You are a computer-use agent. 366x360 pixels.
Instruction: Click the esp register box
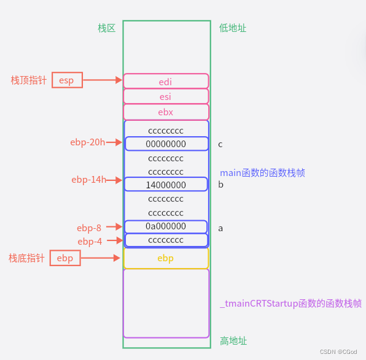pos(67,80)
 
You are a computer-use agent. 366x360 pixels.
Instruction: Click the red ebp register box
pos(65,258)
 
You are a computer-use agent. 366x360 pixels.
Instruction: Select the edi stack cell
pos(166,81)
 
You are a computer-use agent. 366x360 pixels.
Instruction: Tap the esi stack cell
pos(166,96)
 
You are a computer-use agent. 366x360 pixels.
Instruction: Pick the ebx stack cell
pos(166,112)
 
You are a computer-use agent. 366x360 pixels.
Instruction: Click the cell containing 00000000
pos(166,144)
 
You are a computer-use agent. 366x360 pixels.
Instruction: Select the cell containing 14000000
pos(166,185)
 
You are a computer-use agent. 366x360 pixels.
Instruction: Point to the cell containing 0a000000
pos(166,226)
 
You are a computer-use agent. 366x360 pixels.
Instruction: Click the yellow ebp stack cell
pos(166,258)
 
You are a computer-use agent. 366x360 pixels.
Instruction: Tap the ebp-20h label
pos(87,142)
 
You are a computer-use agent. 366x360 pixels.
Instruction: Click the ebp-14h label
pos(88,180)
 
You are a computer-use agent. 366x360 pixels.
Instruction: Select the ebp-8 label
pos(89,228)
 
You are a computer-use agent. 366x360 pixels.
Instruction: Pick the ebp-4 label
pos(90,242)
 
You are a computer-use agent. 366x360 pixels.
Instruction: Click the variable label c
pos(220,145)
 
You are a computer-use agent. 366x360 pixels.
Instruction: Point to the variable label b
pos(220,185)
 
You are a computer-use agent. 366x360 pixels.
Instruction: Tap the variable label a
pos(220,228)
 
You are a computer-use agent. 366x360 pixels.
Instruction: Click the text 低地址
pos(233,28)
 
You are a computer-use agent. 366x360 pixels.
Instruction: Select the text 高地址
pos(233,341)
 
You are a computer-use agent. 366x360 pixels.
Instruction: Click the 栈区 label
pos(107,28)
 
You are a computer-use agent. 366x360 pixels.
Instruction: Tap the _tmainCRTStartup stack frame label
pos(290,304)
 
